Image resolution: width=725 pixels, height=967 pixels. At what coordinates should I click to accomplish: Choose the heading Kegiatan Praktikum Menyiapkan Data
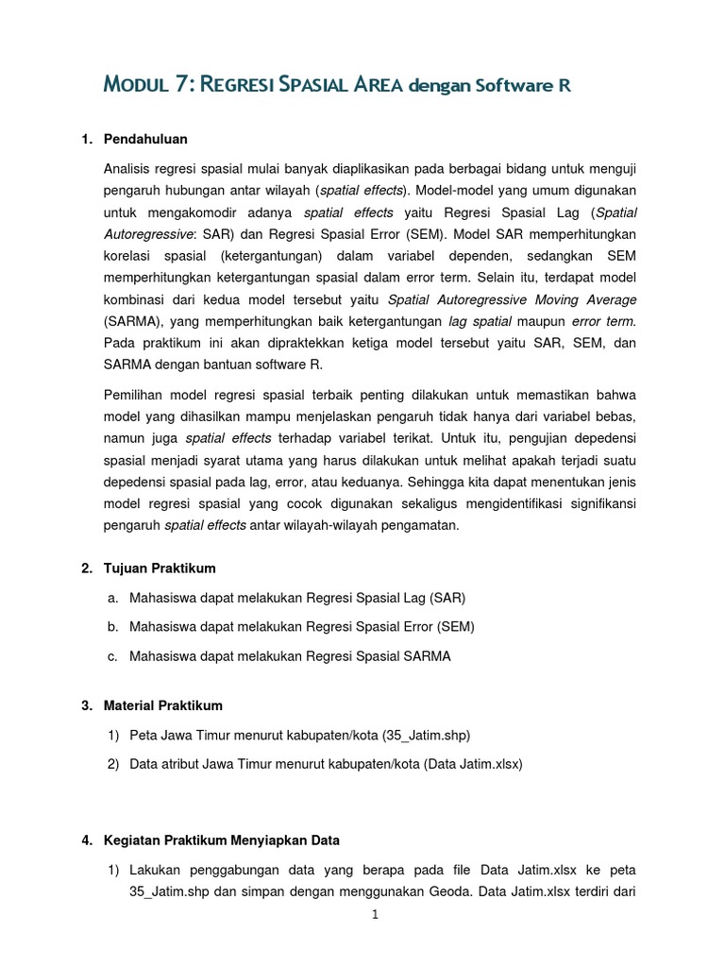click(x=222, y=840)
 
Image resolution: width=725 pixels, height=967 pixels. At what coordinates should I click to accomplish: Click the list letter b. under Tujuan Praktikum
click(x=113, y=627)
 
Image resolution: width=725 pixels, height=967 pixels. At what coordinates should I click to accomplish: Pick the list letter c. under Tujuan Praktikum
click(x=113, y=656)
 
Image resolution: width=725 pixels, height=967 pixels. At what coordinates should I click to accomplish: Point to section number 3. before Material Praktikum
click(x=87, y=705)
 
